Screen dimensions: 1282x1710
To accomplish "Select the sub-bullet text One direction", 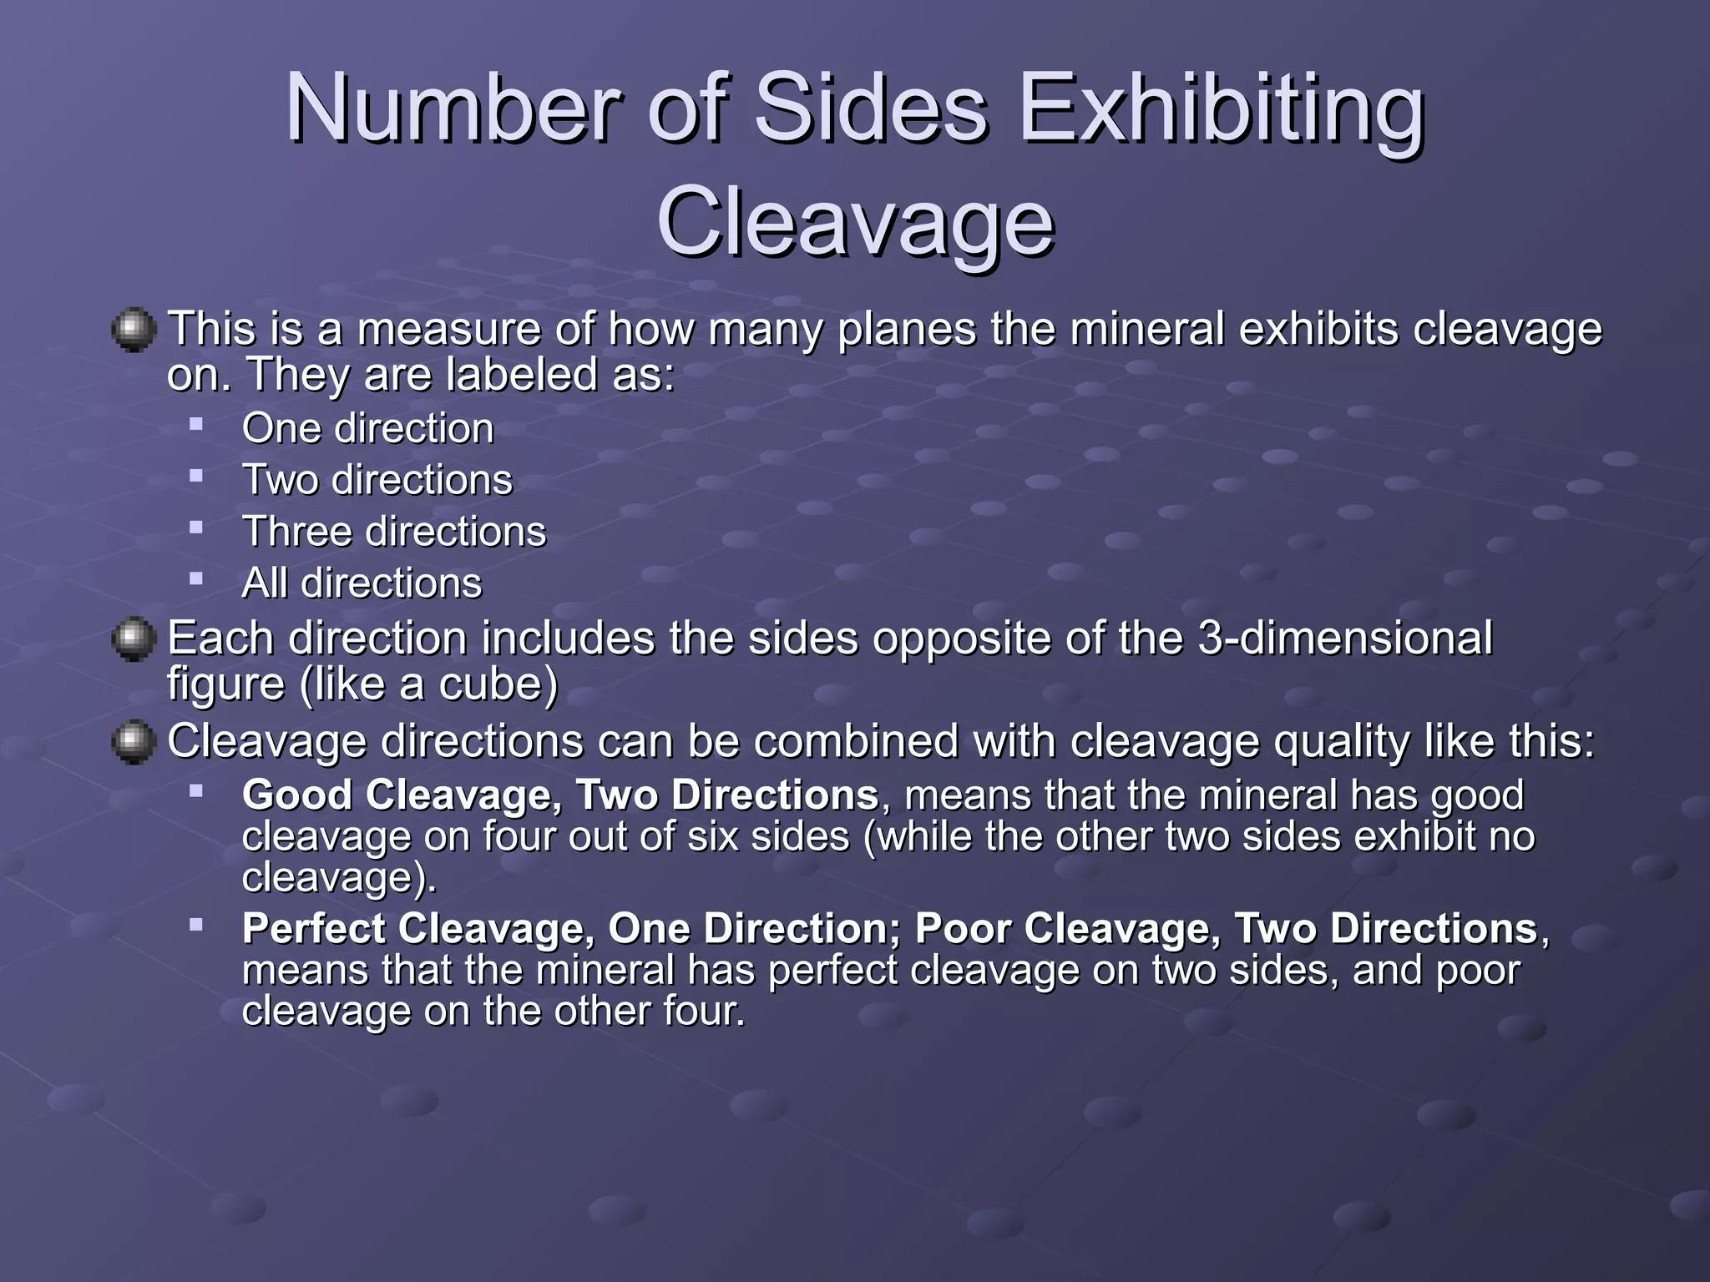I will pyautogui.click(x=367, y=429).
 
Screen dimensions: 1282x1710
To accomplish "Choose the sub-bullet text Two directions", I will pyautogui.click(x=377, y=481).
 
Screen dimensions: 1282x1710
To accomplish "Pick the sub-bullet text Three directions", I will pyautogui.click(x=394, y=532).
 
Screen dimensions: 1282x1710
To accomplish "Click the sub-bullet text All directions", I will pyautogui.click(x=362, y=583).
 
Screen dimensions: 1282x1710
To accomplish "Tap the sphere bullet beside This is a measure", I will pyautogui.click(x=134, y=331).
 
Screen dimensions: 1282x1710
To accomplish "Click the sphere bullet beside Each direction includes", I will pyautogui.click(x=134, y=640).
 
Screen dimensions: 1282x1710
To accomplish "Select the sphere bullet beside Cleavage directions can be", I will pyautogui.click(x=134, y=743).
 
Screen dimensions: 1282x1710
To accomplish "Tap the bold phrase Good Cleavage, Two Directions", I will pyautogui.click(x=559, y=795).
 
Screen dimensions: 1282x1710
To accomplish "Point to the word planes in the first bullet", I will pyautogui.click(x=907, y=331).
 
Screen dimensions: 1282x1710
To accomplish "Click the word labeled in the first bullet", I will pyautogui.click(x=523, y=375).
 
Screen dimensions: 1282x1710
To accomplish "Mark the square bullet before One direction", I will pyautogui.click(x=196, y=424).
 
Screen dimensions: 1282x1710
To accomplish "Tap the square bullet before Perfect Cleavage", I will pyautogui.click(x=196, y=924).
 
